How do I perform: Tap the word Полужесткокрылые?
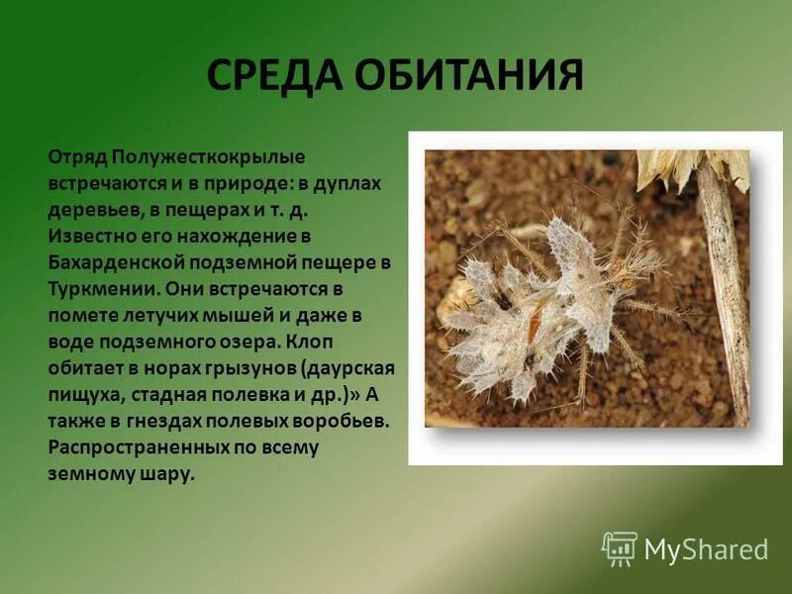pos(208,157)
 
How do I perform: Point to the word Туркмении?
pos(93,288)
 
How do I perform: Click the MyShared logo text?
pos(706,548)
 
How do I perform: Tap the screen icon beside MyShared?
pos(620,547)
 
